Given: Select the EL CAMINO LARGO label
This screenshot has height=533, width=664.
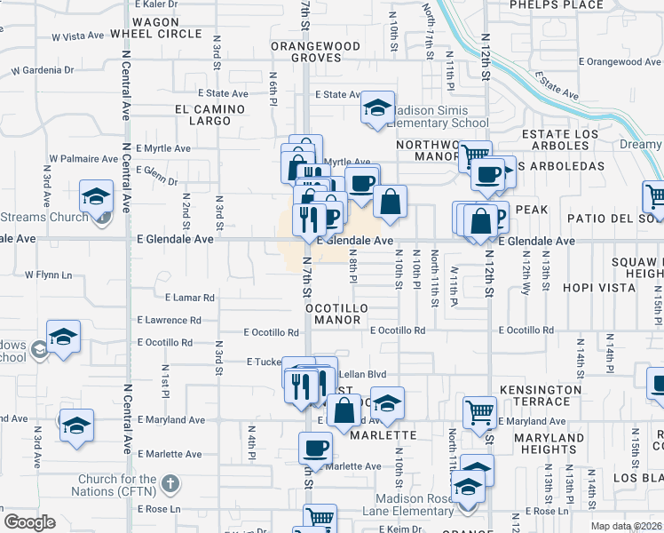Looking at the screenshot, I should (x=203, y=115).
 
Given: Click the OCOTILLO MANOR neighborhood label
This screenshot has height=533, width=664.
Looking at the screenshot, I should (x=336, y=314).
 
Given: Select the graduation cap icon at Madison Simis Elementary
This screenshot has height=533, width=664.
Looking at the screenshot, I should (x=378, y=107).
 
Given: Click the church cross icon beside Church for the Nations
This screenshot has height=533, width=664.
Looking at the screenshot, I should (x=171, y=485).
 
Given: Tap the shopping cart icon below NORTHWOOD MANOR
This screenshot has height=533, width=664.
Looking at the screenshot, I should (x=476, y=155).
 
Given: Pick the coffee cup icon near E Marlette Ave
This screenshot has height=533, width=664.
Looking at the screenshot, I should (x=314, y=446).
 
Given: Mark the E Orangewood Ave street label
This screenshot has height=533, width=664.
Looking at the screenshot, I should (x=621, y=62).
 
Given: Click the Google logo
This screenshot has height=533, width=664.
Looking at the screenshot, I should (x=29, y=522).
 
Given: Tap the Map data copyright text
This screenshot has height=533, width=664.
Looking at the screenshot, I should (x=625, y=526).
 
